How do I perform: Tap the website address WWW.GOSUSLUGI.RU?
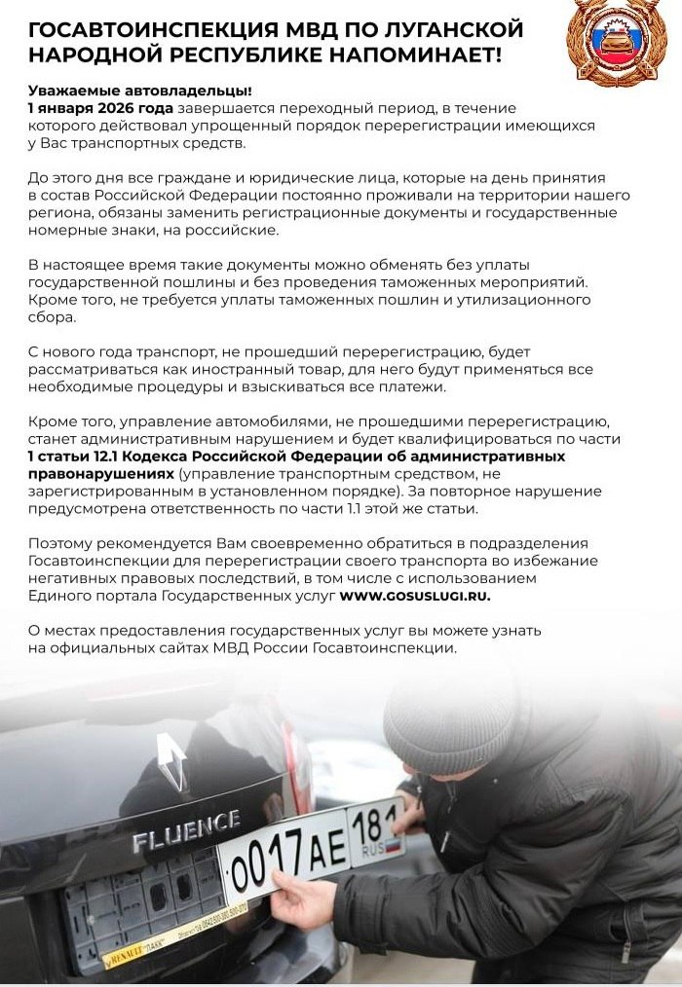click(x=416, y=595)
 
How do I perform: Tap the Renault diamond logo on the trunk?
click(x=171, y=760)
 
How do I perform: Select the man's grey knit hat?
click(x=448, y=718)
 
